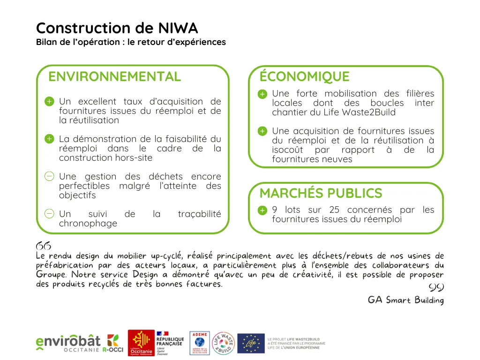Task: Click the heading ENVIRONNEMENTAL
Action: click(x=114, y=76)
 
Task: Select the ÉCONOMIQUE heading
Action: click(x=304, y=76)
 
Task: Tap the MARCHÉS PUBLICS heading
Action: click(x=321, y=193)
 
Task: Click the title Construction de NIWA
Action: click(x=117, y=28)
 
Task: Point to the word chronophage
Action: click(x=88, y=224)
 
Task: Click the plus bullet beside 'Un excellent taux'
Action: click(x=49, y=102)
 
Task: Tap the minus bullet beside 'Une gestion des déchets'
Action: click(x=49, y=177)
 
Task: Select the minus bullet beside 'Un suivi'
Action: click(x=49, y=214)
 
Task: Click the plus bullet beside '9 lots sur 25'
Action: click(x=262, y=210)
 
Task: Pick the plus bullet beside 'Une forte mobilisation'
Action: click(x=262, y=94)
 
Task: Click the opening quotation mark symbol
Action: click(x=43, y=246)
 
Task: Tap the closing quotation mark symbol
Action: click(x=436, y=287)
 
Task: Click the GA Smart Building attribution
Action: click(x=405, y=300)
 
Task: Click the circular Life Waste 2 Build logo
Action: click(x=224, y=343)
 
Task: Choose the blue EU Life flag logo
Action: click(x=251, y=343)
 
